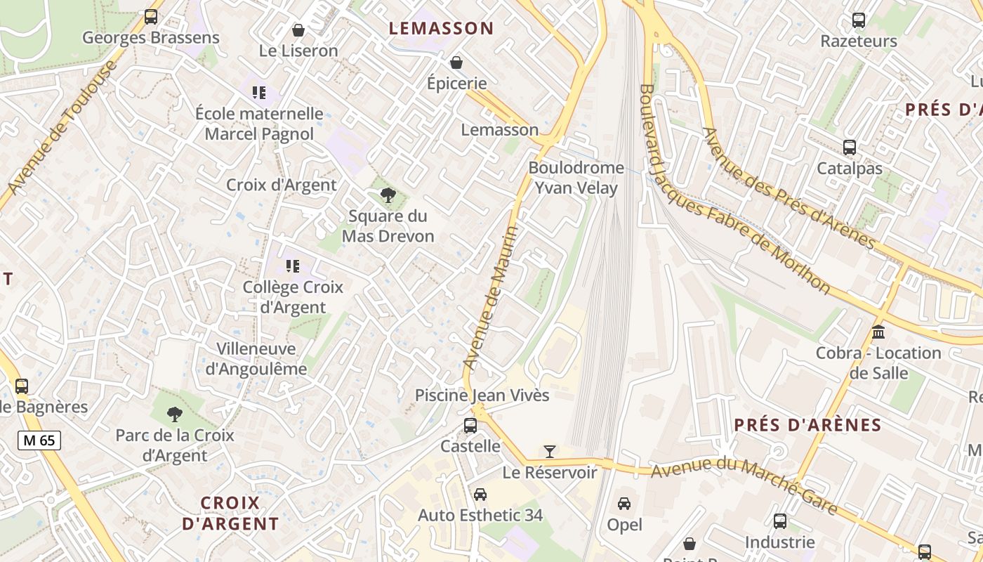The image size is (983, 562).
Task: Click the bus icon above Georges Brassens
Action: pyautogui.click(x=150, y=17)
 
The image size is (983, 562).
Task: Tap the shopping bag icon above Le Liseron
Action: pyautogui.click(x=298, y=30)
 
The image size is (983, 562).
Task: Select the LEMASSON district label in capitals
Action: pyautogui.click(x=442, y=29)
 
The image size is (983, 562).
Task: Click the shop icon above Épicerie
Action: pyautogui.click(x=456, y=63)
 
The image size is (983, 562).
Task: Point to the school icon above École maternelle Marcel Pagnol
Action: pyautogui.click(x=259, y=92)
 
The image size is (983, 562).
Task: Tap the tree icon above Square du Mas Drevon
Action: pyautogui.click(x=387, y=195)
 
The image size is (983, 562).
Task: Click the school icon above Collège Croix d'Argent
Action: pyautogui.click(x=293, y=266)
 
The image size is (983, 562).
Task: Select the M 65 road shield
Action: pyautogui.click(x=39, y=440)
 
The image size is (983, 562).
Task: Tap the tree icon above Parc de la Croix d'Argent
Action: pyautogui.click(x=175, y=414)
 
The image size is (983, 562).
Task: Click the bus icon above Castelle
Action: pyautogui.click(x=470, y=426)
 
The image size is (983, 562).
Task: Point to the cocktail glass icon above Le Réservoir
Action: pyautogui.click(x=550, y=451)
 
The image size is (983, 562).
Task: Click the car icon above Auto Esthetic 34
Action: pyautogui.click(x=480, y=495)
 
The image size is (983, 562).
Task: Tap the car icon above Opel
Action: pyautogui.click(x=624, y=504)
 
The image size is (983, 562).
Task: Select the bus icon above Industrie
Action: pyautogui.click(x=780, y=521)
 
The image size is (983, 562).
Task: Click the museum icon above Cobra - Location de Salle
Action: pyautogui.click(x=878, y=332)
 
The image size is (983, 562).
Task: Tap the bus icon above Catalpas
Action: pyautogui.click(x=850, y=148)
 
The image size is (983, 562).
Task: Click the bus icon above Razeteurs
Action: pyautogui.click(x=859, y=20)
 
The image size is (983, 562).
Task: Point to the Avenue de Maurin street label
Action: pyautogui.click(x=491, y=298)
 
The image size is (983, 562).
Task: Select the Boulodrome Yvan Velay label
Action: pyautogui.click(x=576, y=178)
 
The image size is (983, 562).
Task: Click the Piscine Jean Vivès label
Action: pyautogui.click(x=482, y=396)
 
